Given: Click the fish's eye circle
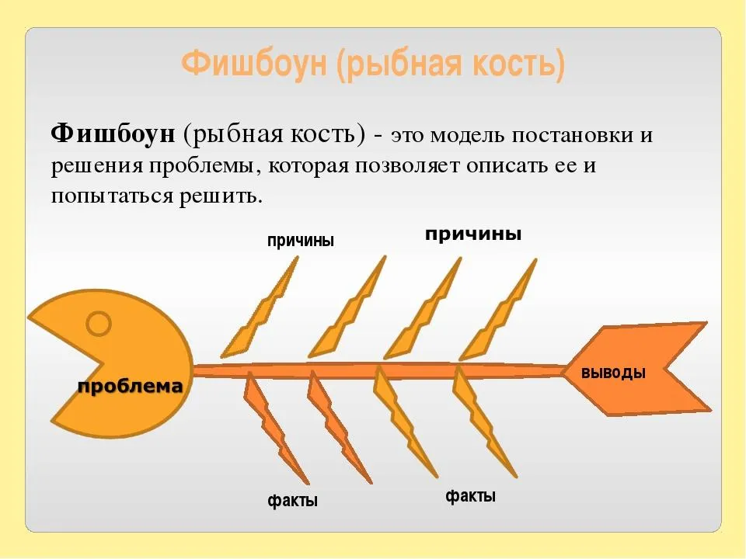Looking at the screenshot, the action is click(x=99, y=325).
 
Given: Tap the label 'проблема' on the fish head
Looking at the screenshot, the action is click(x=130, y=386).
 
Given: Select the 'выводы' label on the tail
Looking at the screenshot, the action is click(x=613, y=372).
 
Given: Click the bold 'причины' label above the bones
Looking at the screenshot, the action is click(x=473, y=234).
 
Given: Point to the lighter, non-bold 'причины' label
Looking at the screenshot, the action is click(x=300, y=241).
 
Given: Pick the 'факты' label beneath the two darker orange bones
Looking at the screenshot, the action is click(x=292, y=500).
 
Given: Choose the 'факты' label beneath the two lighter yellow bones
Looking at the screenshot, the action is click(x=471, y=496).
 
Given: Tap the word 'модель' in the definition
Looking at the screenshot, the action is click(x=467, y=135).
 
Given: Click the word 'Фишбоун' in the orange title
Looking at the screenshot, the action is click(x=255, y=63).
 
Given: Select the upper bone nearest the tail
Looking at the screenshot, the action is click(x=499, y=311).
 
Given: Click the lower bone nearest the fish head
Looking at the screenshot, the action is click(x=276, y=428).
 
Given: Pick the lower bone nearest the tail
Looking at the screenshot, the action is click(x=484, y=422).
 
